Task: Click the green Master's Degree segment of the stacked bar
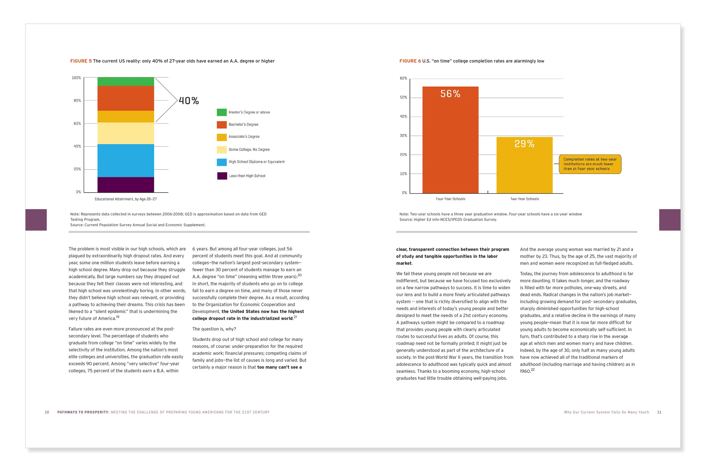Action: point(125,81)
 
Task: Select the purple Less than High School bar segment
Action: point(125,185)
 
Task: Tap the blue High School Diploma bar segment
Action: point(125,160)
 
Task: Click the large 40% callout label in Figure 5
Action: point(189,101)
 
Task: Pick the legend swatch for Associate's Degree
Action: point(221,137)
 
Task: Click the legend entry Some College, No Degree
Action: point(249,149)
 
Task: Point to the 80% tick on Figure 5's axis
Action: point(77,101)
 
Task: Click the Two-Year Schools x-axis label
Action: point(524,199)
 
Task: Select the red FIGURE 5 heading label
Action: point(81,61)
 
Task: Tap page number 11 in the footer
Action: point(659,412)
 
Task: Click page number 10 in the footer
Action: point(47,412)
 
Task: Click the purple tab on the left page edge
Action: point(36,220)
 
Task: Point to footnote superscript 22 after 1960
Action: point(533,370)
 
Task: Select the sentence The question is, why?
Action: point(214,329)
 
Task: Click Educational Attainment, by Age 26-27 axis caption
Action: point(125,199)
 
